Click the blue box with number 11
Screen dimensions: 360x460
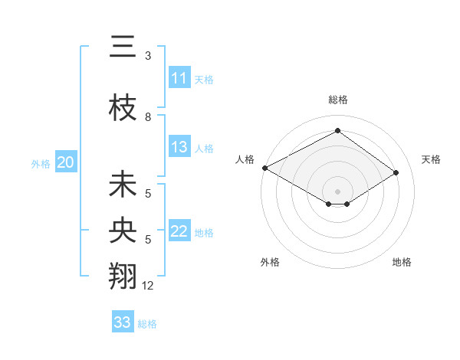click(179, 78)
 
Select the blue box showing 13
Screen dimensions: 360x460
click(179, 147)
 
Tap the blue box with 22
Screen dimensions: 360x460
click(179, 231)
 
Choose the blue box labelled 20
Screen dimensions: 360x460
click(66, 162)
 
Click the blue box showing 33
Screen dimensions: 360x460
click(123, 322)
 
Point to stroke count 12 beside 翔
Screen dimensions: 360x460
click(148, 286)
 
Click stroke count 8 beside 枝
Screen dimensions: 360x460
click(148, 117)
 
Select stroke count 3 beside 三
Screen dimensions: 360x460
click(148, 56)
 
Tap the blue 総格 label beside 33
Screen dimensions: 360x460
click(147, 324)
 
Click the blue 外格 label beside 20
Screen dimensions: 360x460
click(41, 163)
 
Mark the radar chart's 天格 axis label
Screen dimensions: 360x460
click(432, 159)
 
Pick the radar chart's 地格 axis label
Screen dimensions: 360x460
click(402, 262)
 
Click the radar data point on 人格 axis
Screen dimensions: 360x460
click(264, 167)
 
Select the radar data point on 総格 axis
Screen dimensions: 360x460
click(337, 131)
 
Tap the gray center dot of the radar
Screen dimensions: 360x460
click(337, 190)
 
